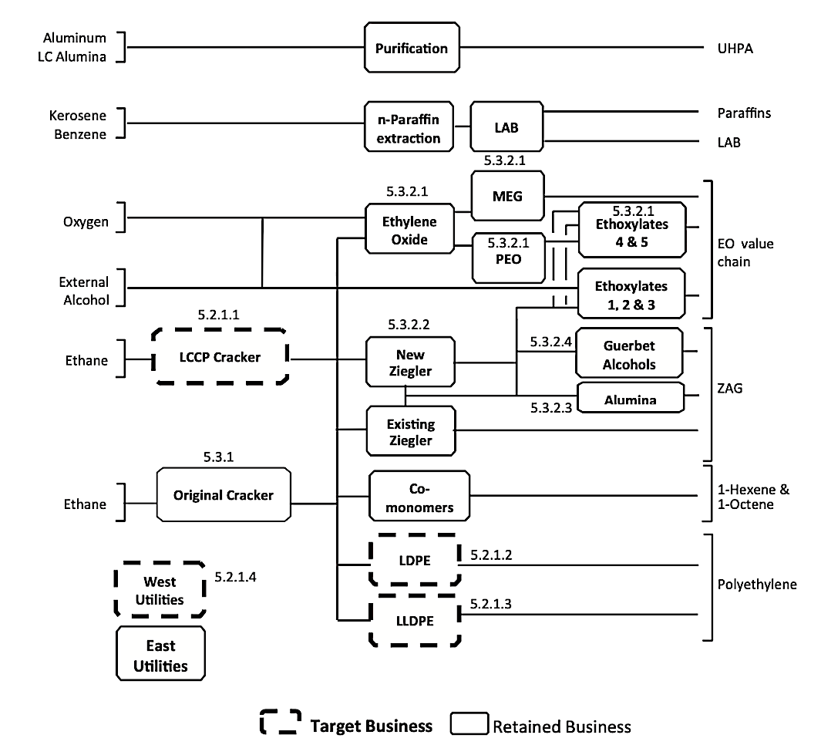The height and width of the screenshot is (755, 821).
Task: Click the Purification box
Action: tap(411, 48)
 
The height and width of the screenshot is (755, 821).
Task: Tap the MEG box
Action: tap(506, 196)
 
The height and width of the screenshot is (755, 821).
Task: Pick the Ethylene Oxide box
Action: tap(409, 231)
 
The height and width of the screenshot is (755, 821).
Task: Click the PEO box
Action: tap(506, 258)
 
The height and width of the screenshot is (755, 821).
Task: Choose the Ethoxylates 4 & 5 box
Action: tap(631, 230)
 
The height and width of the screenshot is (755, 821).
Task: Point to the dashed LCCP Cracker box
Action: tap(221, 356)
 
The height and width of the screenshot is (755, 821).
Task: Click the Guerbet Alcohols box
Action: tap(631, 355)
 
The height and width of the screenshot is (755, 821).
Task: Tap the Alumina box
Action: tap(631, 399)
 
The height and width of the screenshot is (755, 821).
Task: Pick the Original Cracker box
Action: tap(223, 494)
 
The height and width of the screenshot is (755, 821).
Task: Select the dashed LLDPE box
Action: tap(414, 622)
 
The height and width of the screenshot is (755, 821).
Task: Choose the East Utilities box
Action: tap(160, 655)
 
